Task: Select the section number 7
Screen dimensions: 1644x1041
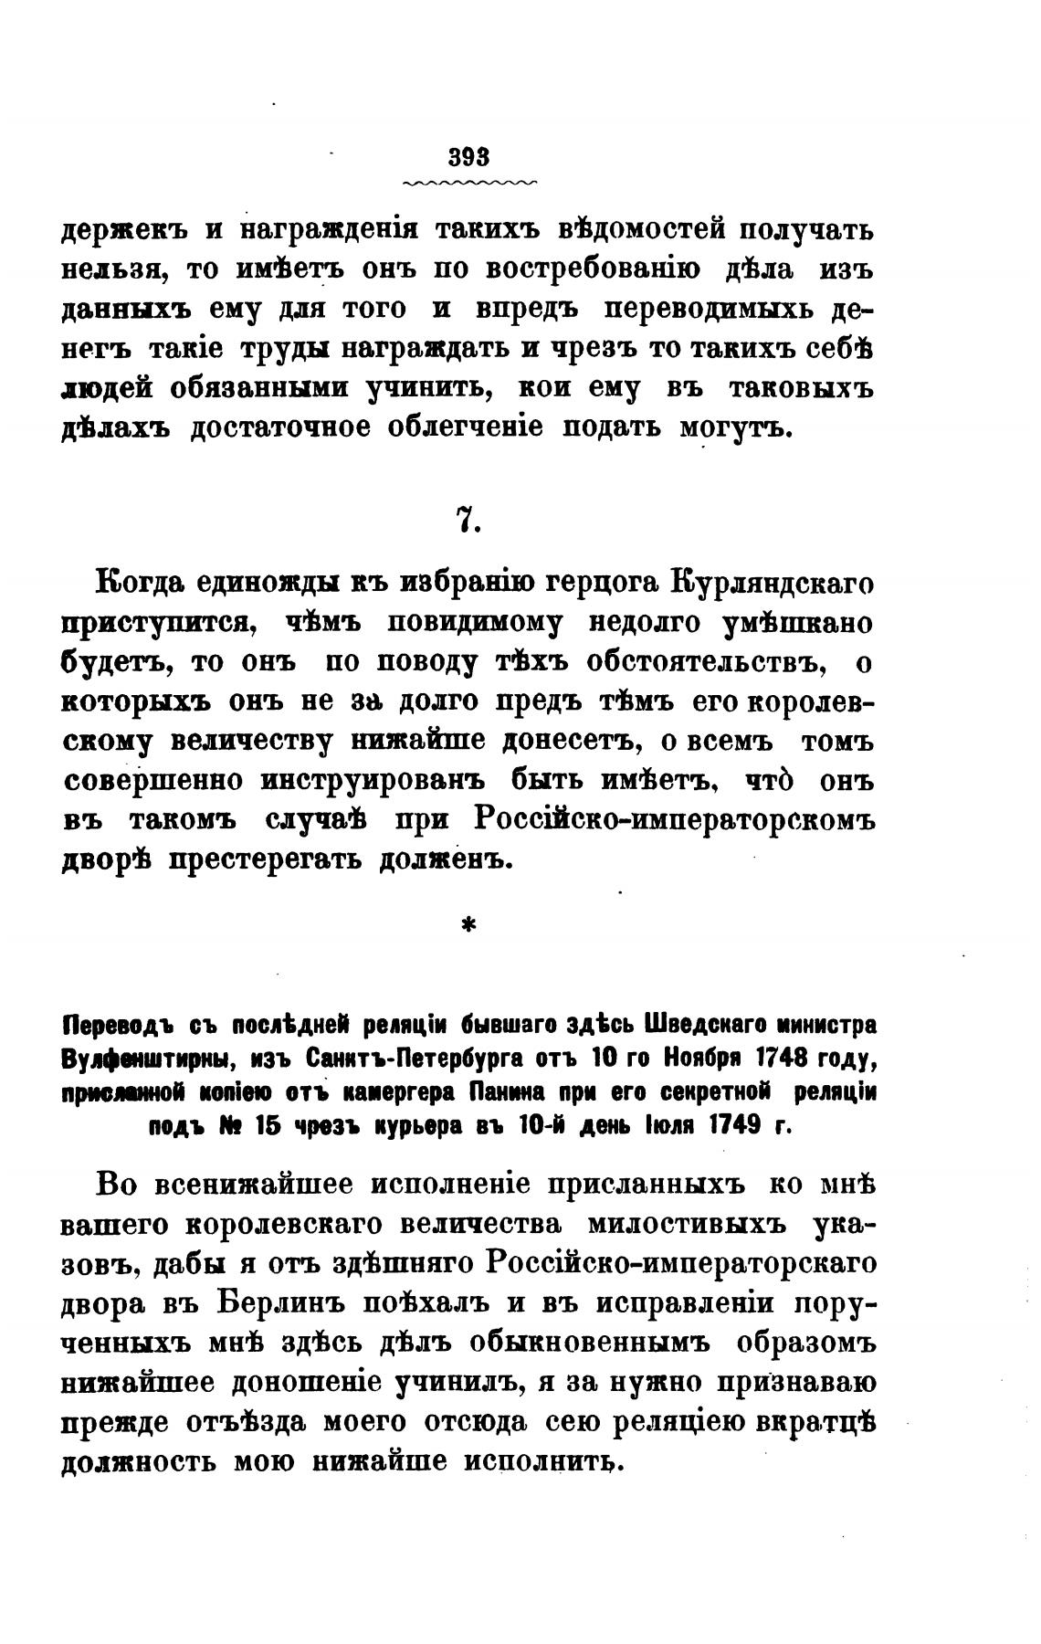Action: tap(468, 520)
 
